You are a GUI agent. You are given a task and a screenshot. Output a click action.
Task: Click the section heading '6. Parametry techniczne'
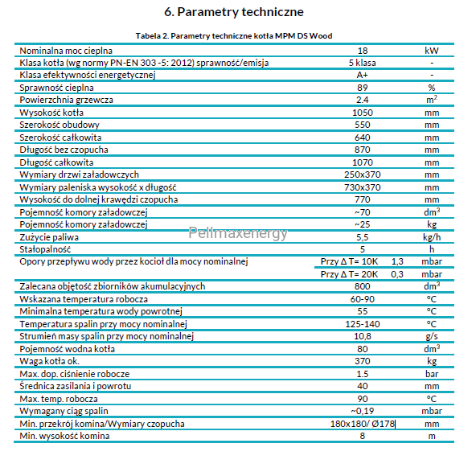(x=234, y=12)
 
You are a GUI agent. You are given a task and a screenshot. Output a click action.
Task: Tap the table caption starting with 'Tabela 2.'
(x=234, y=36)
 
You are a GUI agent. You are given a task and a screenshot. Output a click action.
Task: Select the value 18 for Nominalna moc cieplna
(x=363, y=51)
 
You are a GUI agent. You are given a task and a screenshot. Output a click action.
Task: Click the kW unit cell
(x=431, y=51)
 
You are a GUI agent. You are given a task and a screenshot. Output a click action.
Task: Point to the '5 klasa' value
(x=362, y=63)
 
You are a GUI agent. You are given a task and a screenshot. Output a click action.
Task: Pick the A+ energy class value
(x=362, y=75)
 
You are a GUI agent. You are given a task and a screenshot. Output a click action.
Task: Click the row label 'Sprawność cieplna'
(x=56, y=88)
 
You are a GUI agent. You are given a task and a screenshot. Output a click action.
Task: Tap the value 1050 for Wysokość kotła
(x=363, y=113)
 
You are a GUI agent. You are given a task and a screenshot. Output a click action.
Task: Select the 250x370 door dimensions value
(x=362, y=174)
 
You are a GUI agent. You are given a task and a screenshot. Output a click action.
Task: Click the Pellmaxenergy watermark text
(x=238, y=233)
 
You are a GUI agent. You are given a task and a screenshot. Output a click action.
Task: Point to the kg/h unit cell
(x=432, y=237)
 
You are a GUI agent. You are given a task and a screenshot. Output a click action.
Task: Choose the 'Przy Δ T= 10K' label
(x=349, y=261)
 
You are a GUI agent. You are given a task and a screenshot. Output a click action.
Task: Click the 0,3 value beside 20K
(x=397, y=274)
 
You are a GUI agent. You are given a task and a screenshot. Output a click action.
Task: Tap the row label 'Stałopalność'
(x=45, y=249)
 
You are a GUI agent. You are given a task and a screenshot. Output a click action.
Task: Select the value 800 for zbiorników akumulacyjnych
(x=363, y=286)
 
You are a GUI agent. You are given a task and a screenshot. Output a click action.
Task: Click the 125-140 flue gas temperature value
(x=363, y=324)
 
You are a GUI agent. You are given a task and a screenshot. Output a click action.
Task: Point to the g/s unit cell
(x=432, y=336)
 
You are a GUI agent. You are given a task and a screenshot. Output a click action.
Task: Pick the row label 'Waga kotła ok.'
(x=50, y=361)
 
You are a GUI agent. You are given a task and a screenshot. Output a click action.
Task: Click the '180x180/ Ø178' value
(x=363, y=424)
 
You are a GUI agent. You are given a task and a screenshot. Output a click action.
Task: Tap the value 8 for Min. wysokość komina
(x=362, y=436)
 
